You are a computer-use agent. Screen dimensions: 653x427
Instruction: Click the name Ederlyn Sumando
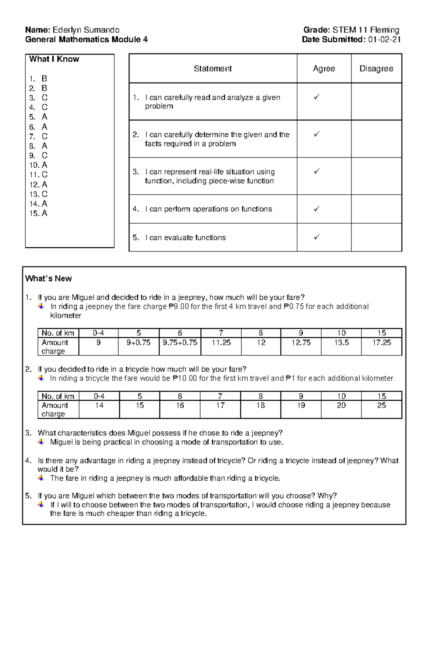[86, 30]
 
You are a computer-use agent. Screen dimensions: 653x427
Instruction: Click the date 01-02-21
[384, 40]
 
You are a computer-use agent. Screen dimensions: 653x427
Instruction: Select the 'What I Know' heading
[54, 59]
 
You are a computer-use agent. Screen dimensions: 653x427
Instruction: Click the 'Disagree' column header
[376, 69]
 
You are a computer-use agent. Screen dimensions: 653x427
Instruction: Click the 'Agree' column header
[324, 69]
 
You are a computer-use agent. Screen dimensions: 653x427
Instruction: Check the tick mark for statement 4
[316, 209]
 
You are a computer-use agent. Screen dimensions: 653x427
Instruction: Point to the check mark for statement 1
[316, 96]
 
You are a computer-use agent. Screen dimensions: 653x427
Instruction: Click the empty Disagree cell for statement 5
[376, 237]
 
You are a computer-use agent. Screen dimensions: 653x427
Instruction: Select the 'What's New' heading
[48, 279]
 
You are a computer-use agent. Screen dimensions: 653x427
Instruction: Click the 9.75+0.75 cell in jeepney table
[180, 342]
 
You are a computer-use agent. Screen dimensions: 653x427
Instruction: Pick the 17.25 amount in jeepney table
[381, 342]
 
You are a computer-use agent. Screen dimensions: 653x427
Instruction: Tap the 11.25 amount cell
[221, 342]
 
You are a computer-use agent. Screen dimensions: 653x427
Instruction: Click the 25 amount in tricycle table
[381, 405]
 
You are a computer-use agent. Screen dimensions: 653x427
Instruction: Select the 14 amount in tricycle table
[99, 405]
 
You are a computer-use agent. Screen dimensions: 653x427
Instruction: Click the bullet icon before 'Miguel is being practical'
[41, 442]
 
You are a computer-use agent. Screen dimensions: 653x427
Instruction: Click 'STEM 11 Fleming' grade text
[366, 30]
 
